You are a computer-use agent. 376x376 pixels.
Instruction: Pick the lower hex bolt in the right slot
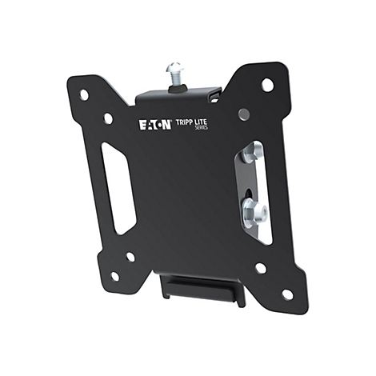pos(255,212)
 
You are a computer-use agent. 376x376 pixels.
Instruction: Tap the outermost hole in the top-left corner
pos(84,94)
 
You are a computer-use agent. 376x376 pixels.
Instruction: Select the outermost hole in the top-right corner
pos(267,84)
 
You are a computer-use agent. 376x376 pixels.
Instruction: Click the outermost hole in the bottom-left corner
pos(114,276)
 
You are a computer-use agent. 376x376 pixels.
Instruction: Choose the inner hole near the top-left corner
pos(108,118)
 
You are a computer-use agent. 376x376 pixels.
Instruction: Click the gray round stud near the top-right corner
pos(244,114)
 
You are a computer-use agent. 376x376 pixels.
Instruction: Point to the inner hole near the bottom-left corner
pos(130,257)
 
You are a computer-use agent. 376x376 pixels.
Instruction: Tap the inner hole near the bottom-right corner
pos(260,267)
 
